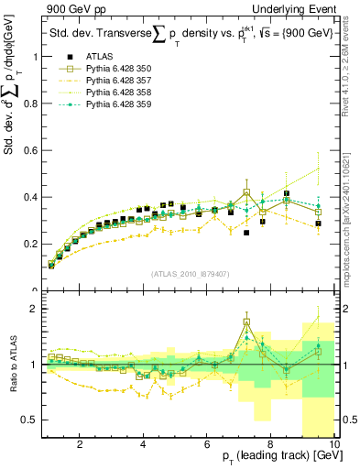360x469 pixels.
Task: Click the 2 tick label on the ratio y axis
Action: pyautogui.click(x=35, y=309)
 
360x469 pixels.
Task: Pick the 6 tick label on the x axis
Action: pyautogui.click(x=207, y=446)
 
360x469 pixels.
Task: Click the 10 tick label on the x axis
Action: pyautogui.click(x=333, y=446)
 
